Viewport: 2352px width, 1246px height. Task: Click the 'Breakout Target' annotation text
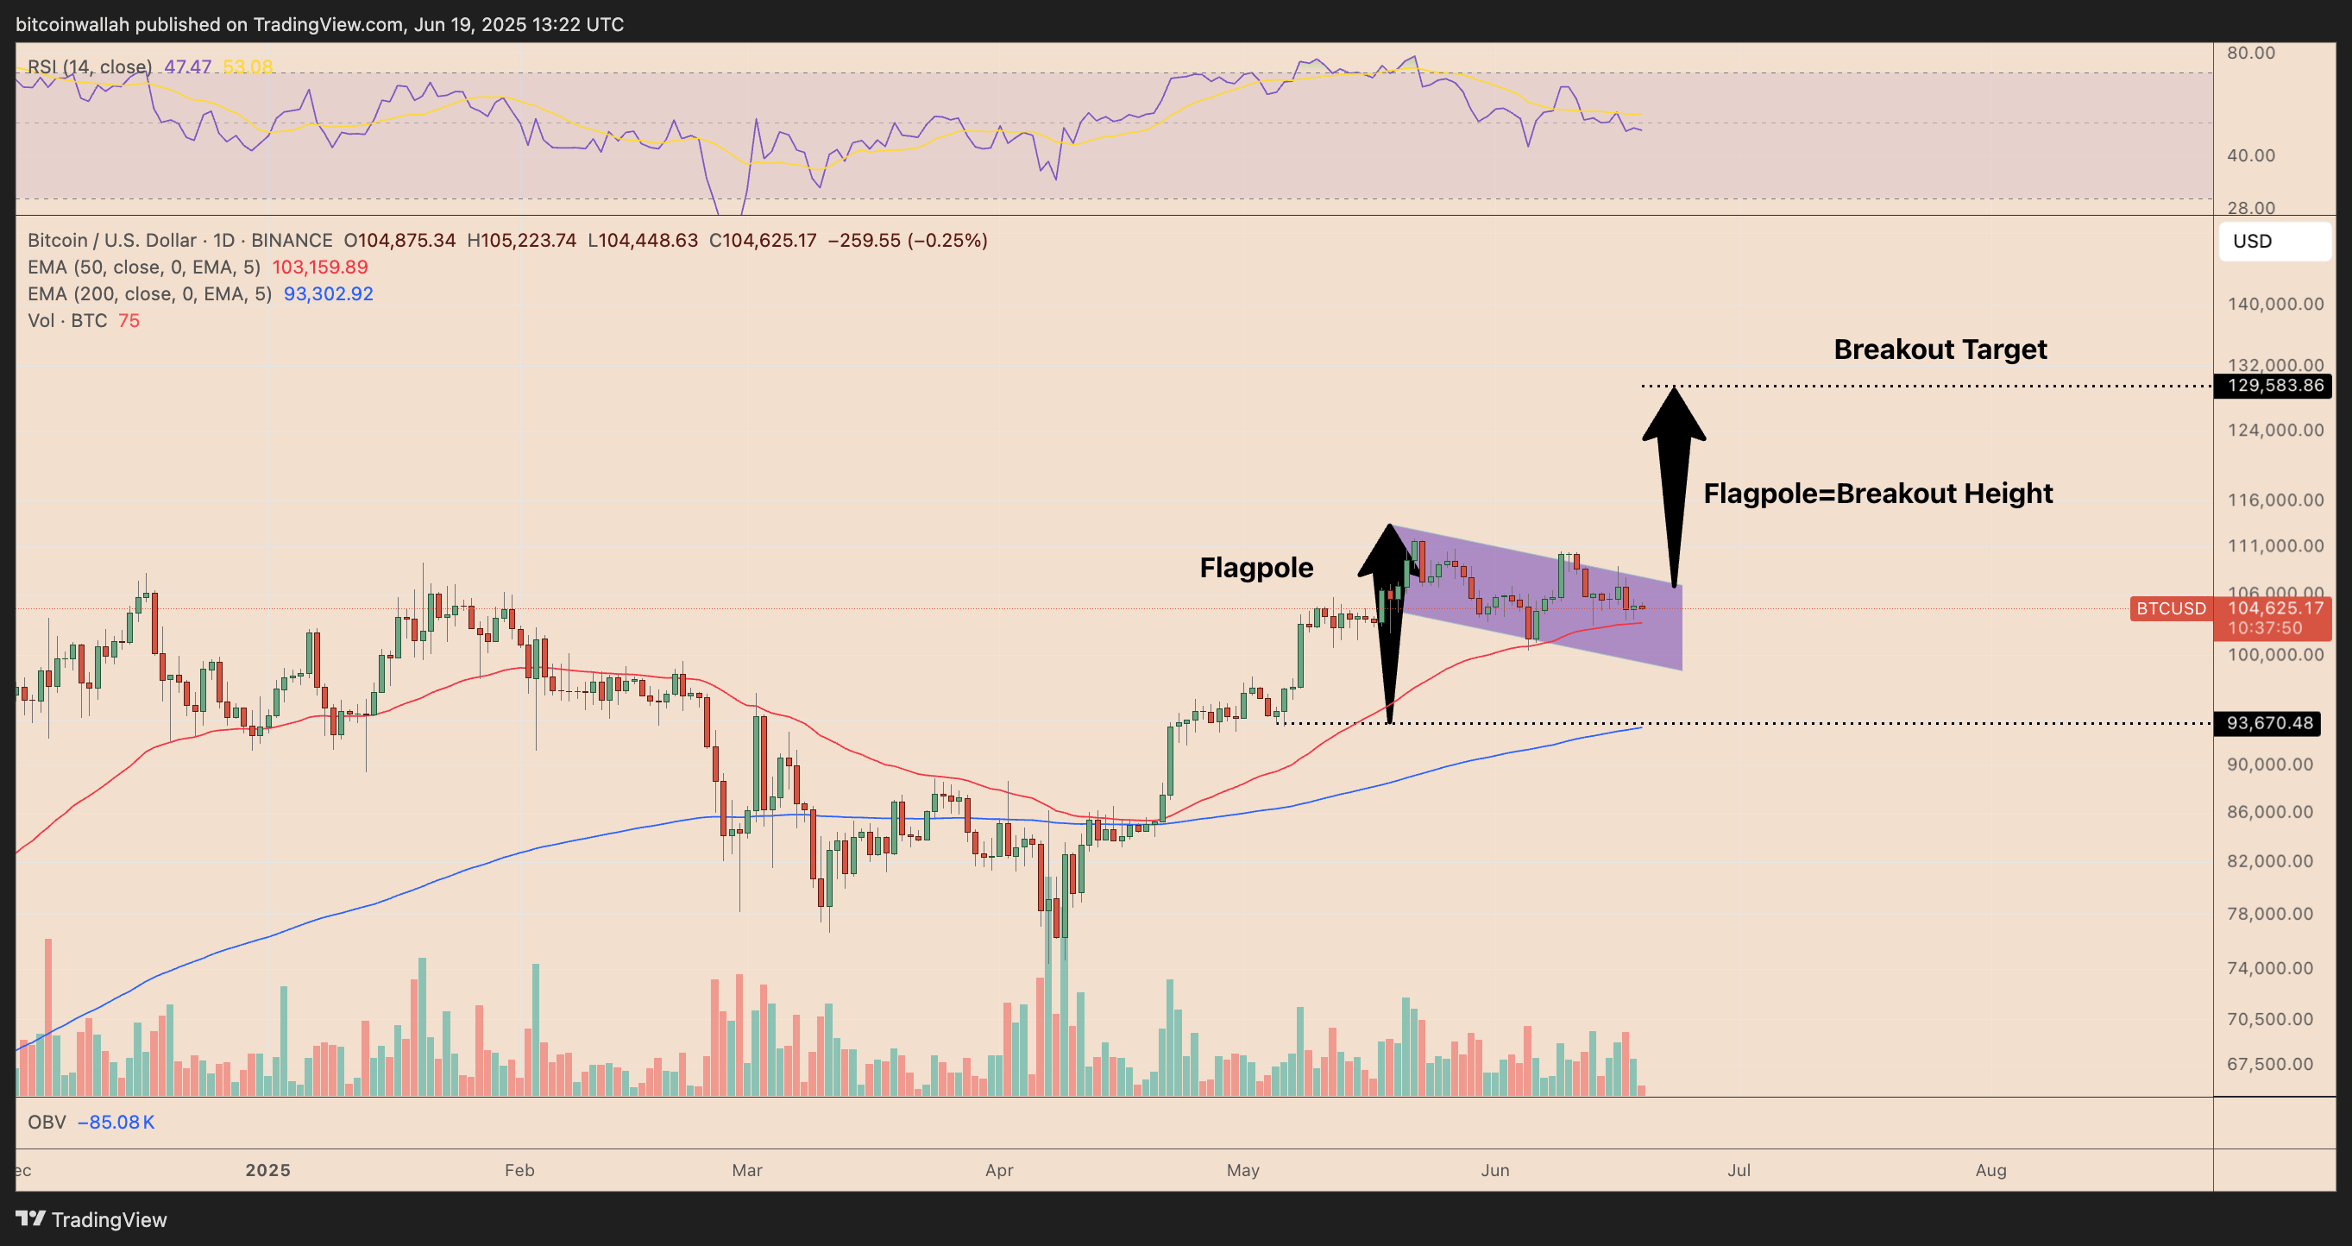pyautogui.click(x=1940, y=349)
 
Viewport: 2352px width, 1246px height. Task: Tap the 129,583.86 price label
pyautogui.click(x=2274, y=385)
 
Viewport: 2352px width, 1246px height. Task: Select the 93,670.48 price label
pyautogui.click(x=2271, y=723)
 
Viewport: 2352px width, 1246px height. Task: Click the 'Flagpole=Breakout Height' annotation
pyautogui.click(x=1878, y=494)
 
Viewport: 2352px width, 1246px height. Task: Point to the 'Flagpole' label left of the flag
pyautogui.click(x=1256, y=568)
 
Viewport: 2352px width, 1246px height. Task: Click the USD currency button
pyautogui.click(x=2273, y=242)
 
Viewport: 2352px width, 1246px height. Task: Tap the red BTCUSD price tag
pyautogui.click(x=2170, y=609)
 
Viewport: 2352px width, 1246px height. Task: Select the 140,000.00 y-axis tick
pyautogui.click(x=2275, y=304)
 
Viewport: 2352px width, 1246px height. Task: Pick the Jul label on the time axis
pyautogui.click(x=1739, y=1170)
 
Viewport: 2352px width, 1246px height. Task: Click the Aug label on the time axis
pyautogui.click(x=1990, y=1170)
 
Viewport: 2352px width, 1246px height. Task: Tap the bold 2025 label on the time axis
pyautogui.click(x=267, y=1170)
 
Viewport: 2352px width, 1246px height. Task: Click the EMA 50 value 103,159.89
pyautogui.click(x=319, y=267)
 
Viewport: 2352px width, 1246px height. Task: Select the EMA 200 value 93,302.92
pyautogui.click(x=328, y=294)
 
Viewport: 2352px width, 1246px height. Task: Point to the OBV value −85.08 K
pyautogui.click(x=116, y=1123)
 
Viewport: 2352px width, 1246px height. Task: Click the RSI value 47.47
pyautogui.click(x=187, y=66)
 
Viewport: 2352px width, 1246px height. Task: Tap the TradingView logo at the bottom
pyautogui.click(x=91, y=1219)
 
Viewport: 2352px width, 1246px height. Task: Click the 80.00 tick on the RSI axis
pyautogui.click(x=2251, y=53)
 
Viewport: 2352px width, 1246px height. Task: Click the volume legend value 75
pyautogui.click(x=129, y=320)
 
